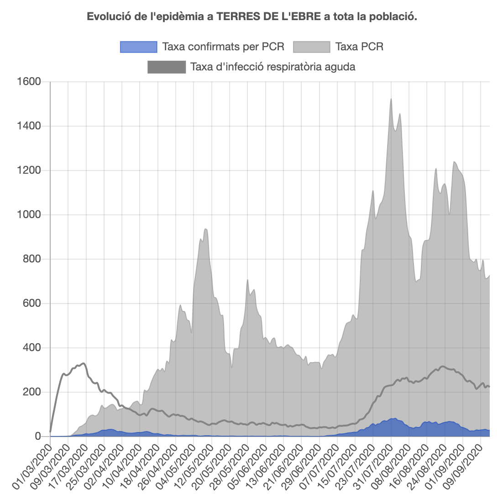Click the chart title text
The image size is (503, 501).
pyautogui.click(x=251, y=17)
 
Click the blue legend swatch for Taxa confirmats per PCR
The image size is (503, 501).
pyautogui.click(x=138, y=47)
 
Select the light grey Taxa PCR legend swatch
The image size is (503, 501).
pyautogui.click(x=311, y=47)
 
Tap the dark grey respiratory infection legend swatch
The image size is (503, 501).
pyautogui.click(x=167, y=67)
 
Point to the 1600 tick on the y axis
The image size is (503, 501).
pyautogui.click(x=28, y=82)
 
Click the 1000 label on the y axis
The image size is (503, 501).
pyautogui.click(x=28, y=215)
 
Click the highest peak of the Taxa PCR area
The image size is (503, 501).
pyautogui.click(x=391, y=99)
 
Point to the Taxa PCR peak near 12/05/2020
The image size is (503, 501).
pyautogui.click(x=206, y=229)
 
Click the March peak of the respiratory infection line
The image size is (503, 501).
pyautogui.click(x=83, y=363)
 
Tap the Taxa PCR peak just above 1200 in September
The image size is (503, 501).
pyautogui.click(x=454, y=162)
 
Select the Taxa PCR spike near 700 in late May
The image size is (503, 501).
pyautogui.click(x=247, y=280)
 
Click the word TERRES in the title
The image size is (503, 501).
pyautogui.click(x=236, y=17)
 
